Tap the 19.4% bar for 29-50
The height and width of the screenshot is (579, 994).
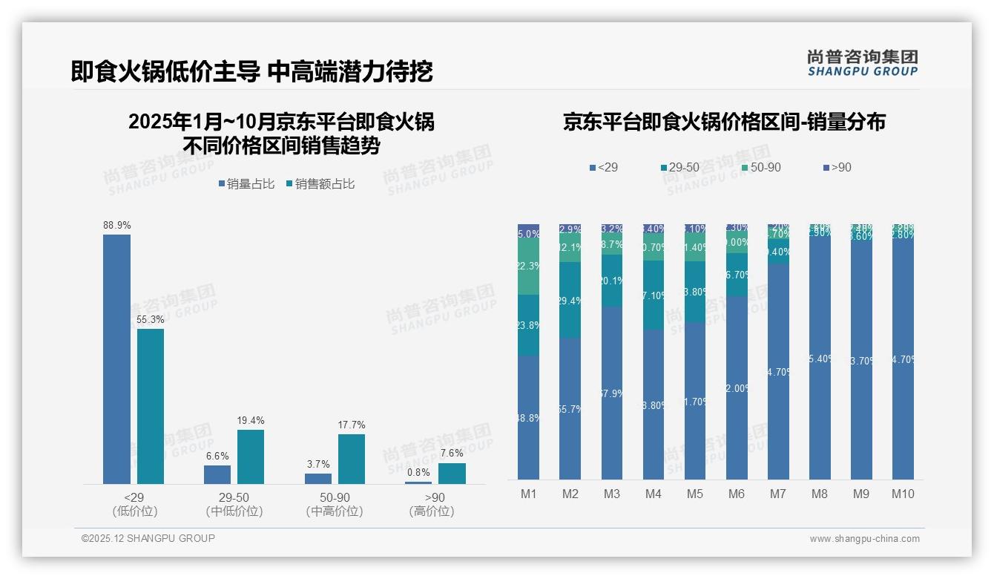click(251, 457)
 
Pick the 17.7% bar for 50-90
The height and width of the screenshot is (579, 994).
click(352, 459)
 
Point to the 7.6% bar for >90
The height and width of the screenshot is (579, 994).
click(452, 474)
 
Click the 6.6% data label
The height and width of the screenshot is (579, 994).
click(217, 457)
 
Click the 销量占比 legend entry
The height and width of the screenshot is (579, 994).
click(246, 184)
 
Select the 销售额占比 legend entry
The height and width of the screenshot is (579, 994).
click(320, 184)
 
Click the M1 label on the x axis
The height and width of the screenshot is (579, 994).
click(528, 494)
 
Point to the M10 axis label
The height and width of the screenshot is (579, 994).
click(903, 494)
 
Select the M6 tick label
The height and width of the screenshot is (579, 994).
click(737, 494)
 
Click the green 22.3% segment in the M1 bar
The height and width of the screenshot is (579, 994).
click(528, 266)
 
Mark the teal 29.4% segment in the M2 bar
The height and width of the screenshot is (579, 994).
click(570, 301)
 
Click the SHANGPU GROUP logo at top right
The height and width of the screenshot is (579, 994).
click(863, 63)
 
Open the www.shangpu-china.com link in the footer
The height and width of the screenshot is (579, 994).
click(864, 539)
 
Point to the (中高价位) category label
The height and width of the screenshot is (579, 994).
click(335, 511)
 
